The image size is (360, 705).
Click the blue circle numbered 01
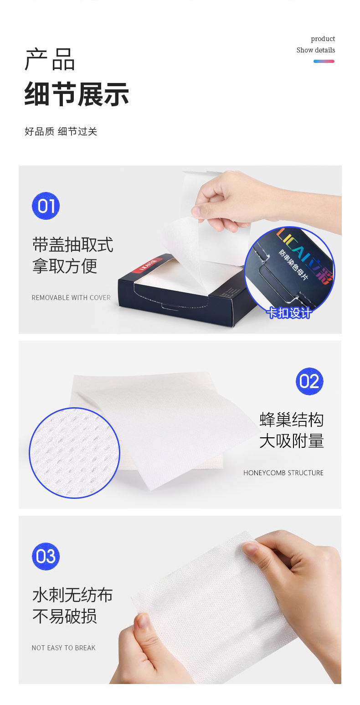tap(46, 206)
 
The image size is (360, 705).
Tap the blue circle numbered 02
tap(309, 381)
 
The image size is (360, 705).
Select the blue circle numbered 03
tap(46, 556)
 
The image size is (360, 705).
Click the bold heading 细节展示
tap(77, 94)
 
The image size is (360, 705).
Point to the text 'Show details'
tap(315, 50)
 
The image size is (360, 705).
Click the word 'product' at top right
tap(323, 39)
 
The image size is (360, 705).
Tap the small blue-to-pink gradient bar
tap(324, 61)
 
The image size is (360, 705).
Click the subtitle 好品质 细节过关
tap(61, 132)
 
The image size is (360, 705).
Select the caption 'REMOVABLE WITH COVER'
tap(71, 298)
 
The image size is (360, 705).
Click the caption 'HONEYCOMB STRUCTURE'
tap(283, 473)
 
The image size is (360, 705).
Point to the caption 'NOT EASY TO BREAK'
tap(63, 648)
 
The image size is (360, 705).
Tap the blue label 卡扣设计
tap(289, 313)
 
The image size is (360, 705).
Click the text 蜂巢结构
tap(292, 420)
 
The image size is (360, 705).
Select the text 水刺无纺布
tap(72, 595)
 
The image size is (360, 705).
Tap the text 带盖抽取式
tap(72, 245)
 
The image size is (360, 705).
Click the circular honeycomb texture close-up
tap(74, 453)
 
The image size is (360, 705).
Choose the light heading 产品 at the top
tap(50, 59)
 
